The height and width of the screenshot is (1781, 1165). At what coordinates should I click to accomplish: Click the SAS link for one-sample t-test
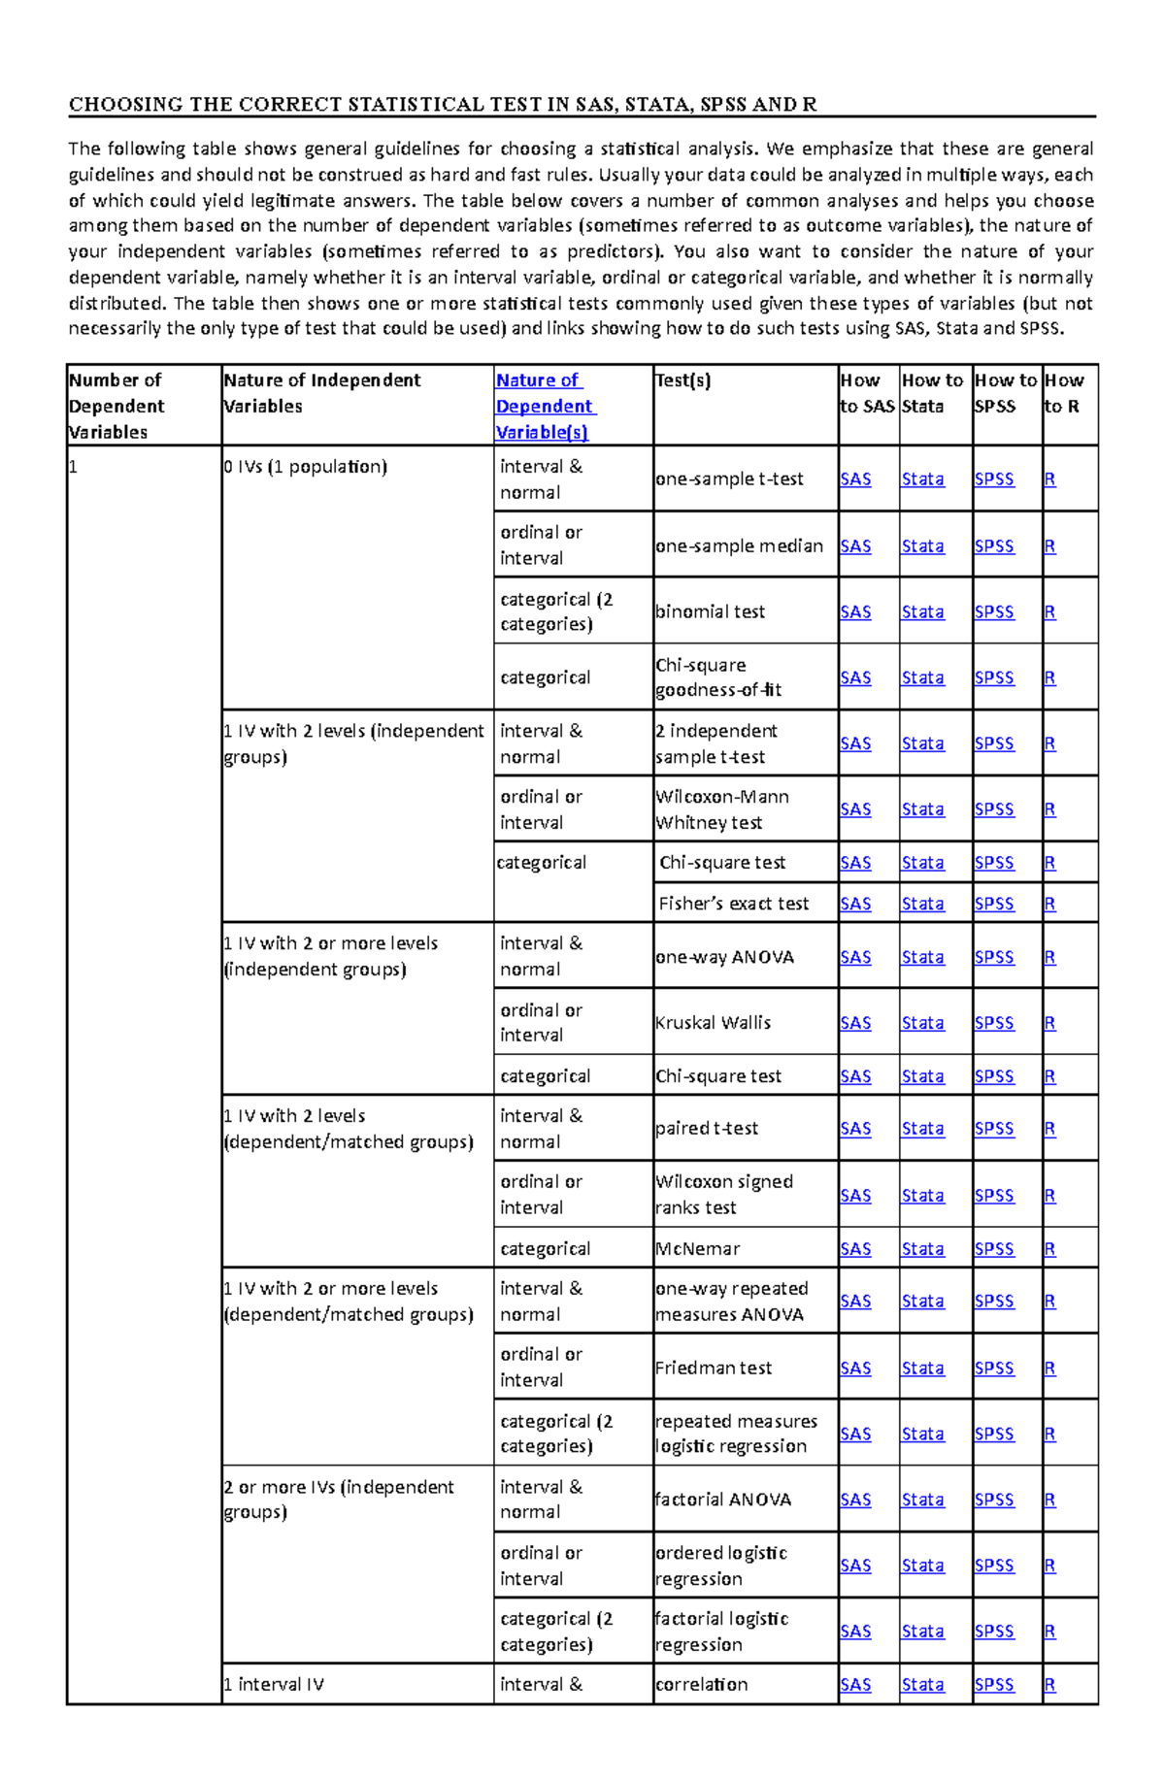pos(855,479)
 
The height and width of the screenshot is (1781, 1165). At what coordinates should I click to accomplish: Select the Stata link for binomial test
pos(922,612)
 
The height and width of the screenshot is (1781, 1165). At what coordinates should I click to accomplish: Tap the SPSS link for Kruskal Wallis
pos(994,1023)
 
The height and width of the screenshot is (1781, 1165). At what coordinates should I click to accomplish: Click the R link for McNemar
pos(1049,1249)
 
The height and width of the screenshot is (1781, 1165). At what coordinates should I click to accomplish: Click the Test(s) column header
pos(683,380)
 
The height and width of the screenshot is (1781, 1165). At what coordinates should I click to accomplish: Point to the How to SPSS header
pos(1006,393)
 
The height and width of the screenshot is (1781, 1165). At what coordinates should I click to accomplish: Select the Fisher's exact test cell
pos(733,904)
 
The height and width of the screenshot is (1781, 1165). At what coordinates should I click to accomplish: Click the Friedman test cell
pos(714,1368)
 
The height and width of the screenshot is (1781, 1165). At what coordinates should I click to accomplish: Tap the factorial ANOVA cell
pos(723,1500)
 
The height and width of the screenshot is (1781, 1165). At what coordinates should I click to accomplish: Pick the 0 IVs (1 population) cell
pos(306,467)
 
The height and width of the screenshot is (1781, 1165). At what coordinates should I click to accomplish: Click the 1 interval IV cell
pos(274,1685)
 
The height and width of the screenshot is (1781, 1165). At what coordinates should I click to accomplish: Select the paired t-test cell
pos(707,1129)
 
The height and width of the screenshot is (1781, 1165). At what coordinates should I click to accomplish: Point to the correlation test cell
pos(702,1685)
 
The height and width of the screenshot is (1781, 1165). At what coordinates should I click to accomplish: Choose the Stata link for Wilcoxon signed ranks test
pos(922,1196)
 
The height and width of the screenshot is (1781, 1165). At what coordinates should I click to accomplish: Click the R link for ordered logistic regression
pos(1049,1566)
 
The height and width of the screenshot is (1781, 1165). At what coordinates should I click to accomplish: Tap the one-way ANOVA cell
pos(724,957)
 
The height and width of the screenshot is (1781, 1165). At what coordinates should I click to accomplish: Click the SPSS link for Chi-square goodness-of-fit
pos(994,677)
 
